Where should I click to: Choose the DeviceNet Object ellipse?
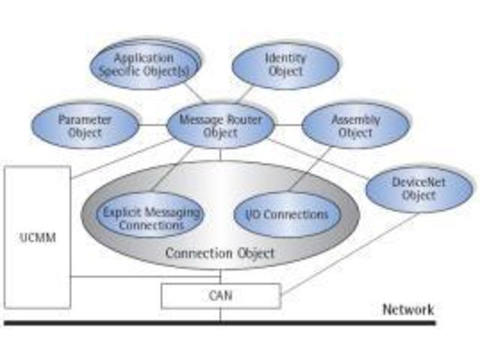click(413, 187)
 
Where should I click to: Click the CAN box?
click(220, 295)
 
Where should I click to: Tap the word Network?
click(408, 309)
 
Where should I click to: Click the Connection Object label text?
click(219, 253)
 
